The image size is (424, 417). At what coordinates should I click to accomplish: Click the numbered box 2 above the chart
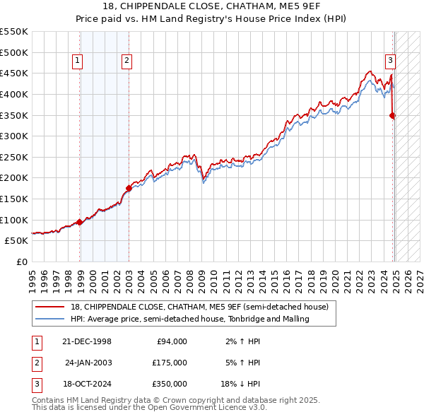[126, 61]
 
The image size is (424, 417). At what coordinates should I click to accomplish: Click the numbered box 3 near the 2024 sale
[389, 61]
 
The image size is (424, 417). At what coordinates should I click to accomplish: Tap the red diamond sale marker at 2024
[393, 115]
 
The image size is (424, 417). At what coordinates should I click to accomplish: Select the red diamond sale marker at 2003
[129, 188]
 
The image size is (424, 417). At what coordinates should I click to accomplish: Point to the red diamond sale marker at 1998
[80, 222]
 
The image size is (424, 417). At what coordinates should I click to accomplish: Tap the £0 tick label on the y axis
[21, 262]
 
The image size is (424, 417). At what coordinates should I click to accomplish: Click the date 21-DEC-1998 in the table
[88, 341]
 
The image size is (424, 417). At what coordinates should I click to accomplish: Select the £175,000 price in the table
[170, 363]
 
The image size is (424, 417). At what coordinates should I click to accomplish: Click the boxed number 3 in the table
[36, 384]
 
